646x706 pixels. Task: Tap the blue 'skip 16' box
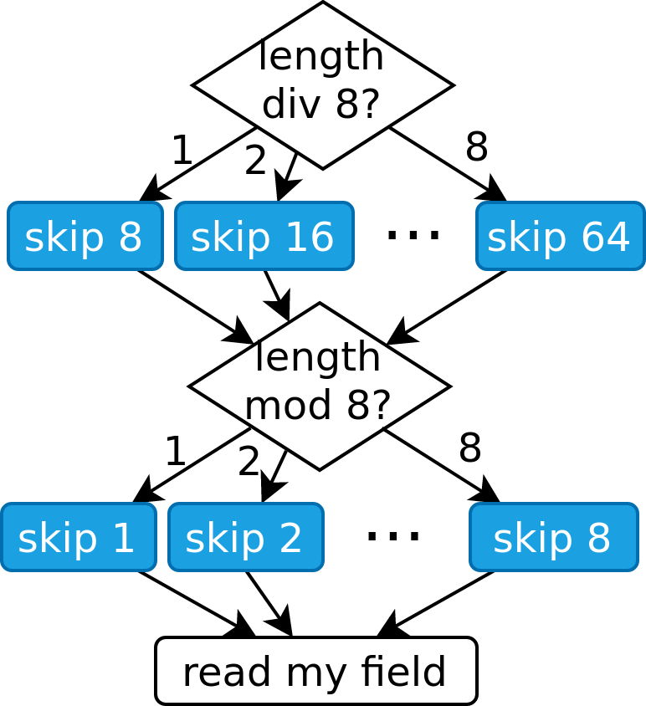coord(264,236)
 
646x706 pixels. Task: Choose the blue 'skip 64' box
coord(560,236)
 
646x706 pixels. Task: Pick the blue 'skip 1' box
coord(79,537)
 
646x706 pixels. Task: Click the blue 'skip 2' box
coord(245,537)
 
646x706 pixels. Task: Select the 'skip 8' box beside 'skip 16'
coord(85,236)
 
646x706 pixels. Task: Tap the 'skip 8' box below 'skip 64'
coord(553,537)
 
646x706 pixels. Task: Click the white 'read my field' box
coord(315,671)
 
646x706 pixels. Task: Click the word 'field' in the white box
coord(404,672)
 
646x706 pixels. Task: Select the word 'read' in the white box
coord(228,672)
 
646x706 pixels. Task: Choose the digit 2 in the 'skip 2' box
coord(289,538)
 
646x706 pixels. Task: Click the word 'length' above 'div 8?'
coord(321,57)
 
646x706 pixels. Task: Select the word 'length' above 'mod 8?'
coord(317,358)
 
